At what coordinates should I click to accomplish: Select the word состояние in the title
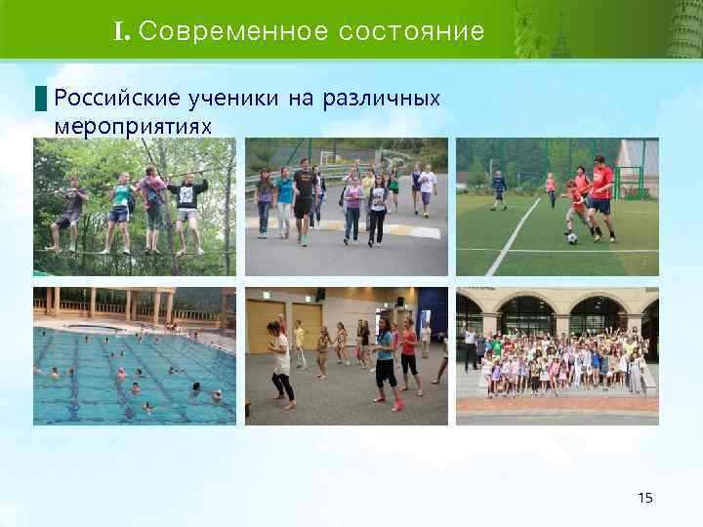coord(411,32)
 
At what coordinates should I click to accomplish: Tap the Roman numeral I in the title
coord(120,32)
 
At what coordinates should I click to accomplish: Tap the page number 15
coord(644,499)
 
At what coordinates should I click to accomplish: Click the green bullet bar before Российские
coord(40,99)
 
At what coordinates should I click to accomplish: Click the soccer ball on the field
coord(572,237)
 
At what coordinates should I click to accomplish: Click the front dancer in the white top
coord(281,361)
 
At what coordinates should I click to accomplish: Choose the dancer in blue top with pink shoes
coord(384,361)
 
